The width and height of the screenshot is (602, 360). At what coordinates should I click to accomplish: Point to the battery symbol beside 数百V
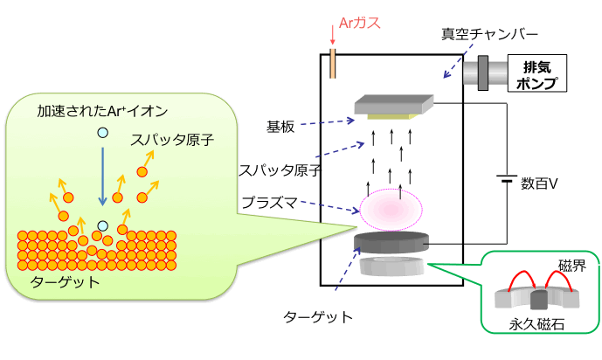(x=506, y=182)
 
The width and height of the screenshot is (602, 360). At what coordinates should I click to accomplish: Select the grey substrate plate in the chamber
(x=394, y=105)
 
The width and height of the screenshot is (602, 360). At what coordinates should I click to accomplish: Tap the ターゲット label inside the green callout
(x=66, y=283)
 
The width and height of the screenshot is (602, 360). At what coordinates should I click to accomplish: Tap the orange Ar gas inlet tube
(x=333, y=63)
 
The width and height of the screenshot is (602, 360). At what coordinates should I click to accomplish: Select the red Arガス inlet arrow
(x=333, y=35)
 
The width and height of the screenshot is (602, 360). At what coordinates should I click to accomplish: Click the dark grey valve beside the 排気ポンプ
(x=482, y=73)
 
